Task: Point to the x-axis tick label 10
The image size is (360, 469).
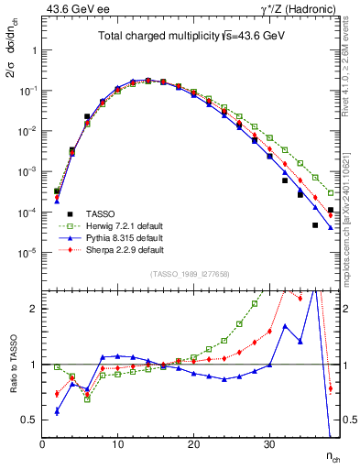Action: pyautogui.click(x=117, y=444)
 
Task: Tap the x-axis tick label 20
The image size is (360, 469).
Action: pyautogui.click(x=193, y=444)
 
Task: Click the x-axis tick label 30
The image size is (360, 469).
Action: pyautogui.click(x=268, y=444)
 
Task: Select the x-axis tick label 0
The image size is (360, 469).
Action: pyautogui.click(x=42, y=444)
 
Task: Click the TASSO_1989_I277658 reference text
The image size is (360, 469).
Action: pyautogui.click(x=191, y=274)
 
